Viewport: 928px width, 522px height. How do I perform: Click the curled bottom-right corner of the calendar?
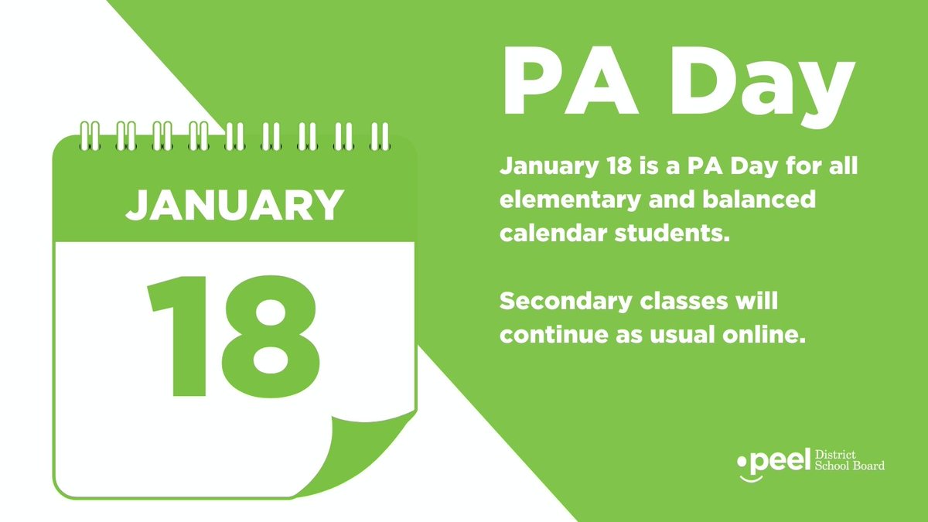tap(371, 456)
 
